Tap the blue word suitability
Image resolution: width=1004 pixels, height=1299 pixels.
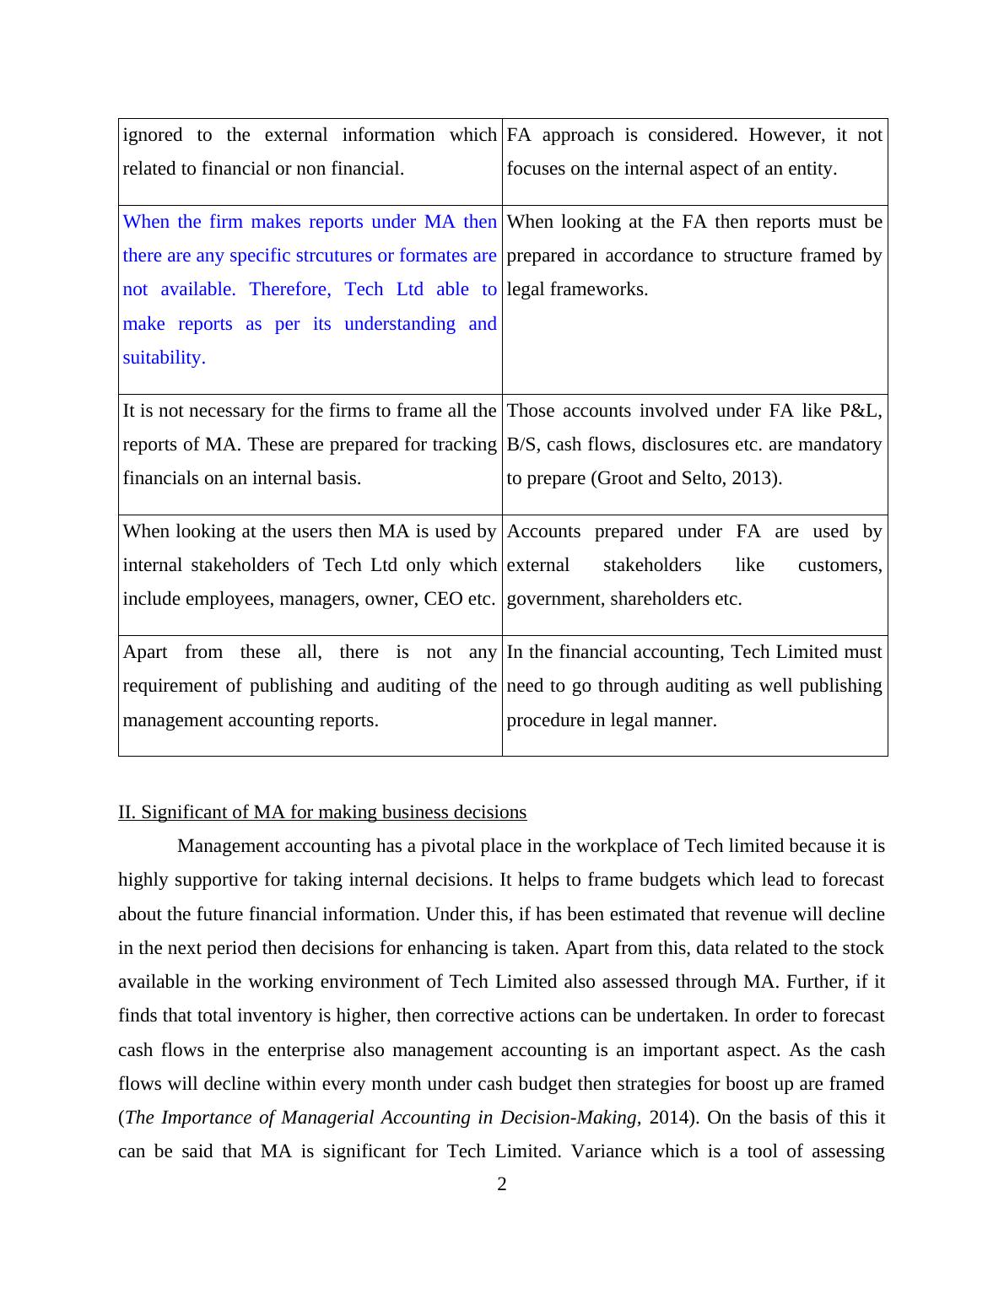point(164,358)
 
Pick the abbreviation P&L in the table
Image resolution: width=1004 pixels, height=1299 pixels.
point(860,411)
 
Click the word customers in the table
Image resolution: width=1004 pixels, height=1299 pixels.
point(839,565)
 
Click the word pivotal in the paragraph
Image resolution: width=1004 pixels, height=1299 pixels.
point(446,846)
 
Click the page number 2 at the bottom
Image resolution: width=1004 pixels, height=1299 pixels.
point(502,1185)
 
